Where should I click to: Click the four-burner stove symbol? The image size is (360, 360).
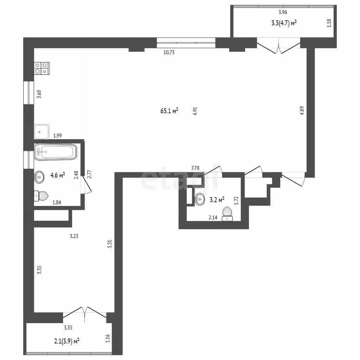(x=42, y=68)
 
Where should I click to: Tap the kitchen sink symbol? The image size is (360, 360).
(x=41, y=131)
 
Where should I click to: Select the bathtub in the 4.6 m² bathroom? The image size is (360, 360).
(x=56, y=152)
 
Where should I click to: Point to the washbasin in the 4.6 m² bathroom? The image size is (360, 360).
(x=39, y=177)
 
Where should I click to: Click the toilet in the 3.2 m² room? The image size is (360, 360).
(x=227, y=214)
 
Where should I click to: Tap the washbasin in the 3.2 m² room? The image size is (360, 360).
(x=200, y=199)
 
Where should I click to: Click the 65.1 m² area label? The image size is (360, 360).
(x=169, y=111)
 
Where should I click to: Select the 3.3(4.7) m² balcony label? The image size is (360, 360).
(x=284, y=23)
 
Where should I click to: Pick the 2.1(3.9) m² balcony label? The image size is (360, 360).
(x=67, y=341)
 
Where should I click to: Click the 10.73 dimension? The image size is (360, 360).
(x=169, y=52)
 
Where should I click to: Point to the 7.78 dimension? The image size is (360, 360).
(x=195, y=168)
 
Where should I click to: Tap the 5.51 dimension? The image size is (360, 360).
(x=110, y=244)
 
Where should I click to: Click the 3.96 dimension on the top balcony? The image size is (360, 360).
(x=283, y=12)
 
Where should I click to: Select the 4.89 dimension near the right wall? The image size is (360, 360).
(x=302, y=110)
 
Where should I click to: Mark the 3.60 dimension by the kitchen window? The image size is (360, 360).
(x=39, y=94)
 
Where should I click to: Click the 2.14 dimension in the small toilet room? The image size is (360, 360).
(x=213, y=217)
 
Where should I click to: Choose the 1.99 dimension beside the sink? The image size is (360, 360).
(x=57, y=136)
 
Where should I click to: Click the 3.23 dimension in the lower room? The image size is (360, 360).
(x=74, y=236)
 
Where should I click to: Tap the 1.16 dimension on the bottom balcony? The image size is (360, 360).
(x=108, y=339)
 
